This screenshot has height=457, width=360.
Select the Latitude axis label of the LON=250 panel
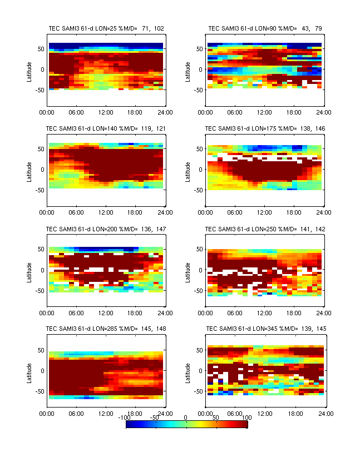click(x=189, y=270)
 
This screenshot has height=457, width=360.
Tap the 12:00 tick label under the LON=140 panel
click(x=106, y=212)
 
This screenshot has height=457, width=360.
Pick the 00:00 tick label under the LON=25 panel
click(x=47, y=112)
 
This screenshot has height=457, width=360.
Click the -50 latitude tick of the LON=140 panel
click(x=40, y=190)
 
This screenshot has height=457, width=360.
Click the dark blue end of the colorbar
click(x=129, y=424)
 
